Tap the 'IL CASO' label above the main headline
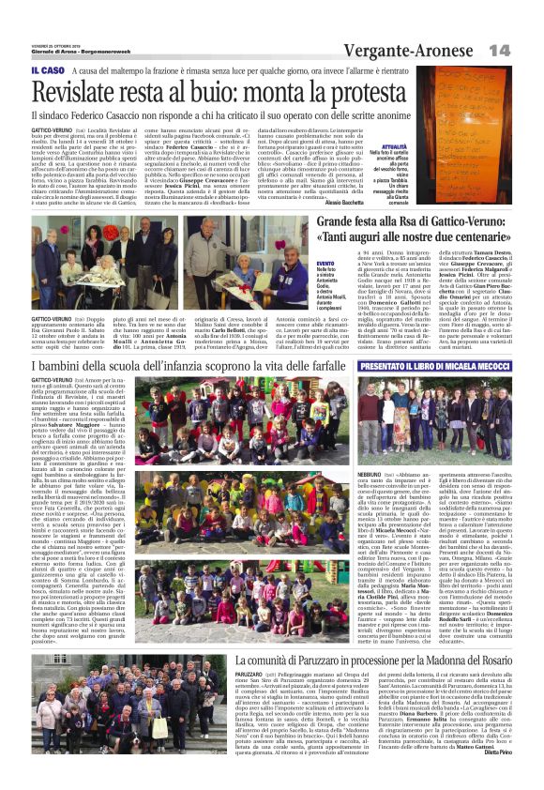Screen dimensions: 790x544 (x=47, y=70)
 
